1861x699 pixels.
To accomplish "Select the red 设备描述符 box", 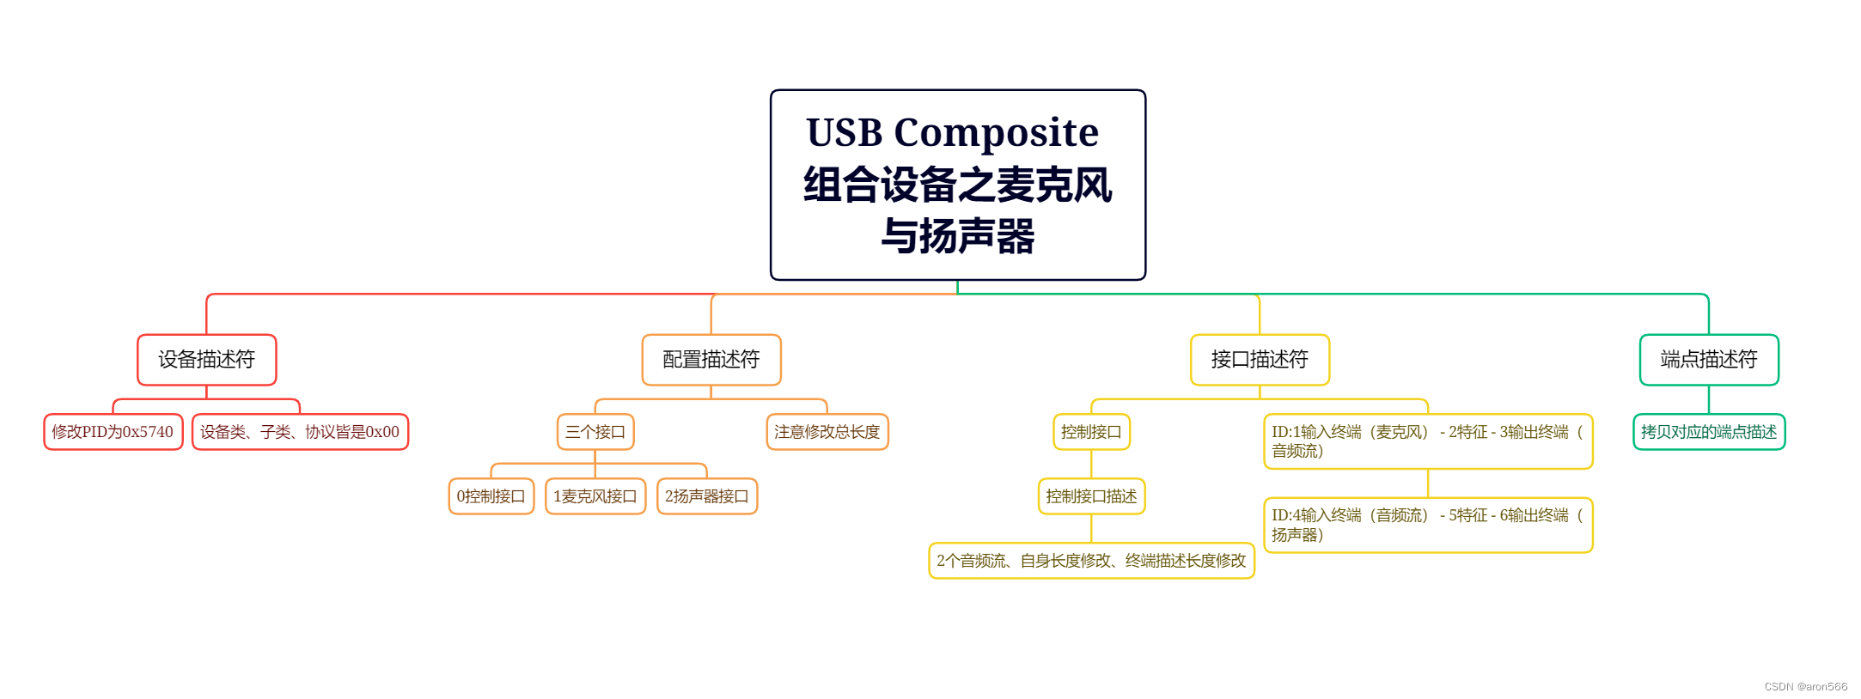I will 206,360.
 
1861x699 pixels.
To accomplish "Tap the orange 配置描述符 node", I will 711,360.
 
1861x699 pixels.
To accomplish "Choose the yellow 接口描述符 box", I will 1259,360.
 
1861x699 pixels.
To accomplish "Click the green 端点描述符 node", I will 1708,360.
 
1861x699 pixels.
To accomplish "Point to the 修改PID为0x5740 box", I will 113,432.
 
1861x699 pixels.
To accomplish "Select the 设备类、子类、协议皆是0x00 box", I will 300,432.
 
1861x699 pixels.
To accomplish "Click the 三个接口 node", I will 595,432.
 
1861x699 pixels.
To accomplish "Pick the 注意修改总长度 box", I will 827,432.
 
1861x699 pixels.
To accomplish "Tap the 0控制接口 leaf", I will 491,496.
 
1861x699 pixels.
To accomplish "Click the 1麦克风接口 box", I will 595,496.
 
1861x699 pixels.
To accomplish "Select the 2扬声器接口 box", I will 706,496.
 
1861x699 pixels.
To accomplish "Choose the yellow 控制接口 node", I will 1090,432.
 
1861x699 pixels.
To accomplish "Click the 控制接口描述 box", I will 1090,496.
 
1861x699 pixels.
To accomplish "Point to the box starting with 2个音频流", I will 1090,561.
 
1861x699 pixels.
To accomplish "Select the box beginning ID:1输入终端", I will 1427,441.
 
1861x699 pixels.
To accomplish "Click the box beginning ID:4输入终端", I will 1427,525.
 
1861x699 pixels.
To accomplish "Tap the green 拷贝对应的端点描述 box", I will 1708,432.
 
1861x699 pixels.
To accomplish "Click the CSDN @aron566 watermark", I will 1805,687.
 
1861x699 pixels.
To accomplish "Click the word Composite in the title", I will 996,133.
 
